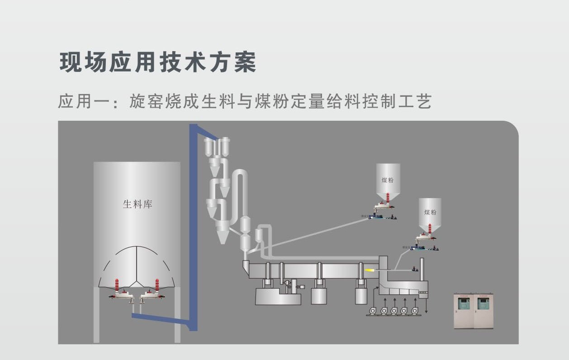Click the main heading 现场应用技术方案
click(158, 62)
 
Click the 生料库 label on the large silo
click(138, 204)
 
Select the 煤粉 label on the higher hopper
click(388, 180)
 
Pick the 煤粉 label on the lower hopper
click(430, 212)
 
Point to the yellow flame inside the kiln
click(370, 270)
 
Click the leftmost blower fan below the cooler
click(374, 311)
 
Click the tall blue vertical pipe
click(193, 226)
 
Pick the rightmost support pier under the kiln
click(360, 294)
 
